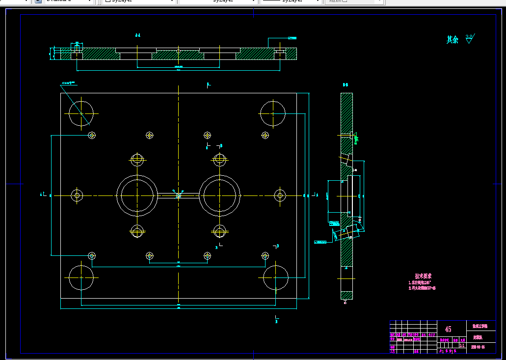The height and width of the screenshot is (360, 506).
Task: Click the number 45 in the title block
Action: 448,329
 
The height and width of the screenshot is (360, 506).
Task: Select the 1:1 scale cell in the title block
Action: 461,345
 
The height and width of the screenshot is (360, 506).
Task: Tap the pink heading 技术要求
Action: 423,277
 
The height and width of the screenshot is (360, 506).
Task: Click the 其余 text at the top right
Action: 452,40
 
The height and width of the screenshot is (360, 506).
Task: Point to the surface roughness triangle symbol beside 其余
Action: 469,39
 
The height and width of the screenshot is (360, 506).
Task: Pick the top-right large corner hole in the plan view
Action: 272,113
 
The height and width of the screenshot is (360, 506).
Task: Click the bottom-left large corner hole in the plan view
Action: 81,277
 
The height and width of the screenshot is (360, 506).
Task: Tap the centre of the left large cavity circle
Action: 137,195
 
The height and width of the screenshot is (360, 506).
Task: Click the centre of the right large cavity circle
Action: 220,195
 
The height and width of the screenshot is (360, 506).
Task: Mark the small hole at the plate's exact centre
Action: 179,195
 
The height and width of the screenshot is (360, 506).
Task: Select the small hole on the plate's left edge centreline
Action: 77,195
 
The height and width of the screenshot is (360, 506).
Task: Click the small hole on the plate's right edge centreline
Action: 280,195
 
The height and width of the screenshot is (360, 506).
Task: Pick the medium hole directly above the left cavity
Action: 137,159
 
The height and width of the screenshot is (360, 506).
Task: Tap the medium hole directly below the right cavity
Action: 220,230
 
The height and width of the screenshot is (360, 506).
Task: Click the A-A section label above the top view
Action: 138,35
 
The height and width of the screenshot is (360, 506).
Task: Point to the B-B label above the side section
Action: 346,85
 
